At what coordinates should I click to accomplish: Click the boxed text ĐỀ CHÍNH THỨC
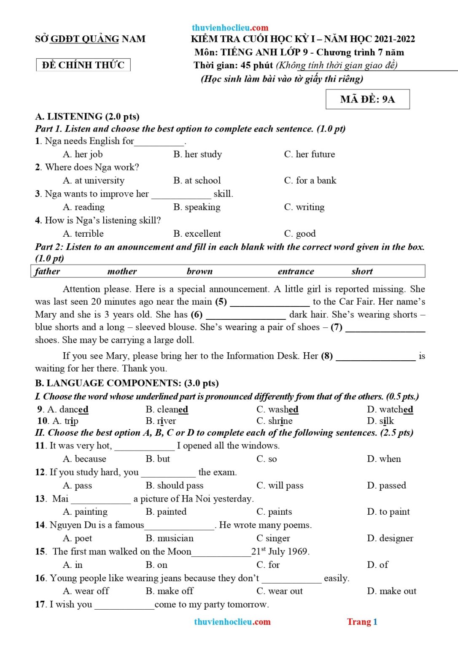(83, 65)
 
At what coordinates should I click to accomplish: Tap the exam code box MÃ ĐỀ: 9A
(367, 99)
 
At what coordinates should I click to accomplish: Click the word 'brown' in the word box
(199, 271)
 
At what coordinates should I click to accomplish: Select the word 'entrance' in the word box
(296, 271)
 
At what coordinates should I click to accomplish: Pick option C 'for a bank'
(310, 181)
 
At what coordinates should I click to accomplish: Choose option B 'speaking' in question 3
(197, 207)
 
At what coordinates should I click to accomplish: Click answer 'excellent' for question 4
(197, 234)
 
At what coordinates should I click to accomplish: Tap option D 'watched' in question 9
(391, 409)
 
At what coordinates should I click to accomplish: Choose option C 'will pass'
(280, 486)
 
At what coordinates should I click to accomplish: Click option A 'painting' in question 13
(85, 512)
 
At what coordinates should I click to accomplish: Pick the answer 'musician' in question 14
(170, 538)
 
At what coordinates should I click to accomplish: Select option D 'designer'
(390, 538)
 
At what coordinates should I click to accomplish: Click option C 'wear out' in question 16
(280, 591)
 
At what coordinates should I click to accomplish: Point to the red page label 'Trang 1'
(362, 622)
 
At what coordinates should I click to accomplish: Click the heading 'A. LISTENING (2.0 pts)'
(87, 116)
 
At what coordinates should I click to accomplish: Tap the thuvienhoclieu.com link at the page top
(230, 28)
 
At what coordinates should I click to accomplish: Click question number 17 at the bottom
(40, 605)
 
